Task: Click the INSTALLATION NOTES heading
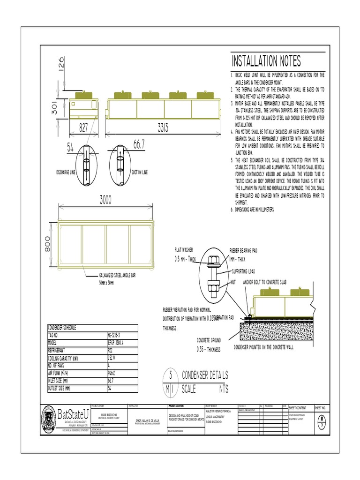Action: click(266, 61)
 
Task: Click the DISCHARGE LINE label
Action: click(65, 172)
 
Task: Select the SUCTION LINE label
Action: click(140, 172)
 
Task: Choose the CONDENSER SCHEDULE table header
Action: click(63, 328)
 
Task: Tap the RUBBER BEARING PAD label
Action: click(243, 251)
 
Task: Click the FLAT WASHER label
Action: click(184, 251)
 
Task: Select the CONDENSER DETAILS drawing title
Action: click(205, 375)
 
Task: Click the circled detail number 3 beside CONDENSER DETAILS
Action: click(171, 375)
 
